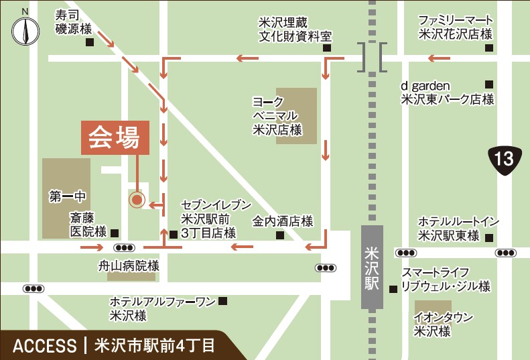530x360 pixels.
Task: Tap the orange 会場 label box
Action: click(x=115, y=138)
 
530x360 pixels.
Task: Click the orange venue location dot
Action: click(x=137, y=199)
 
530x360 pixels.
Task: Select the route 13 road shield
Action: click(x=503, y=159)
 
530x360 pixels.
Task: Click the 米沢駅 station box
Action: click(x=372, y=267)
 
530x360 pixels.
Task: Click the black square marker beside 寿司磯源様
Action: click(x=90, y=42)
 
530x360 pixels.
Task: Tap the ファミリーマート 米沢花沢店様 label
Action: click(x=456, y=27)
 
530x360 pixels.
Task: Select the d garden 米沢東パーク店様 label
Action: click(x=447, y=93)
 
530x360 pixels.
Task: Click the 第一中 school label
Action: click(x=68, y=197)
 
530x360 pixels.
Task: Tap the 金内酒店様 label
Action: click(x=282, y=221)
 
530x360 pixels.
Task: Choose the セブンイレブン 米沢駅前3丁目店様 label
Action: click(x=216, y=219)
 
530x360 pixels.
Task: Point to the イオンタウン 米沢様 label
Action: click(x=443, y=324)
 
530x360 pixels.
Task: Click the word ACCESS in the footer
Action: click(x=45, y=346)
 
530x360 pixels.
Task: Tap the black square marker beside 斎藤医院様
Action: click(x=115, y=233)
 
